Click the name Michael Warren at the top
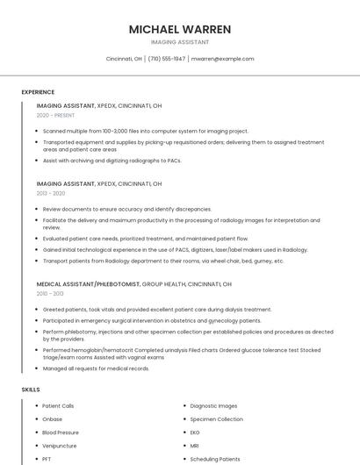pyautogui.click(x=180, y=29)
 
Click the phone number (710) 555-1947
pyautogui.click(x=167, y=59)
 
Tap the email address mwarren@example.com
pyautogui.click(x=222, y=59)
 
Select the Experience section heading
pyautogui.click(x=38, y=92)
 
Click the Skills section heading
pyautogui.click(x=30, y=389)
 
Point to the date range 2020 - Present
pyautogui.click(x=55, y=115)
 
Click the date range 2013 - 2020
pyautogui.click(x=51, y=193)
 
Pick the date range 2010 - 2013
pyautogui.click(x=50, y=293)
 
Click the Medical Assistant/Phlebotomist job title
pyautogui.click(x=88, y=284)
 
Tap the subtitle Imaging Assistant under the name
pyautogui.click(x=180, y=42)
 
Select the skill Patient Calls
pyautogui.click(x=58, y=406)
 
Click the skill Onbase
pyautogui.click(x=53, y=419)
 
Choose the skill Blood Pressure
pyautogui.click(x=61, y=433)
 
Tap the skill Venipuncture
pyautogui.click(x=59, y=446)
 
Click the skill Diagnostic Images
pyautogui.click(x=213, y=406)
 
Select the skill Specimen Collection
pyautogui.click(x=216, y=419)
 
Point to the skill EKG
pyautogui.click(x=195, y=433)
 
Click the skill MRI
pyautogui.click(x=195, y=446)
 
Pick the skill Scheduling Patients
pyautogui.click(x=214, y=459)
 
